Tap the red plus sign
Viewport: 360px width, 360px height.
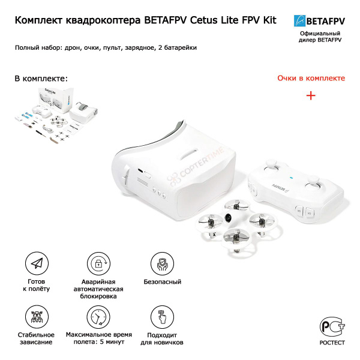311,95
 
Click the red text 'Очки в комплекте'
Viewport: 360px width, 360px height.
311,79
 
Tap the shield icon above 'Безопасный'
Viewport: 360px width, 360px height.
160,264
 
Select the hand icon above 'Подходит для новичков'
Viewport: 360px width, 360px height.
160,316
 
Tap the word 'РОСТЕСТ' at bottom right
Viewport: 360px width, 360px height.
332,343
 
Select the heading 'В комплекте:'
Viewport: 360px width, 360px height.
41,79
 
